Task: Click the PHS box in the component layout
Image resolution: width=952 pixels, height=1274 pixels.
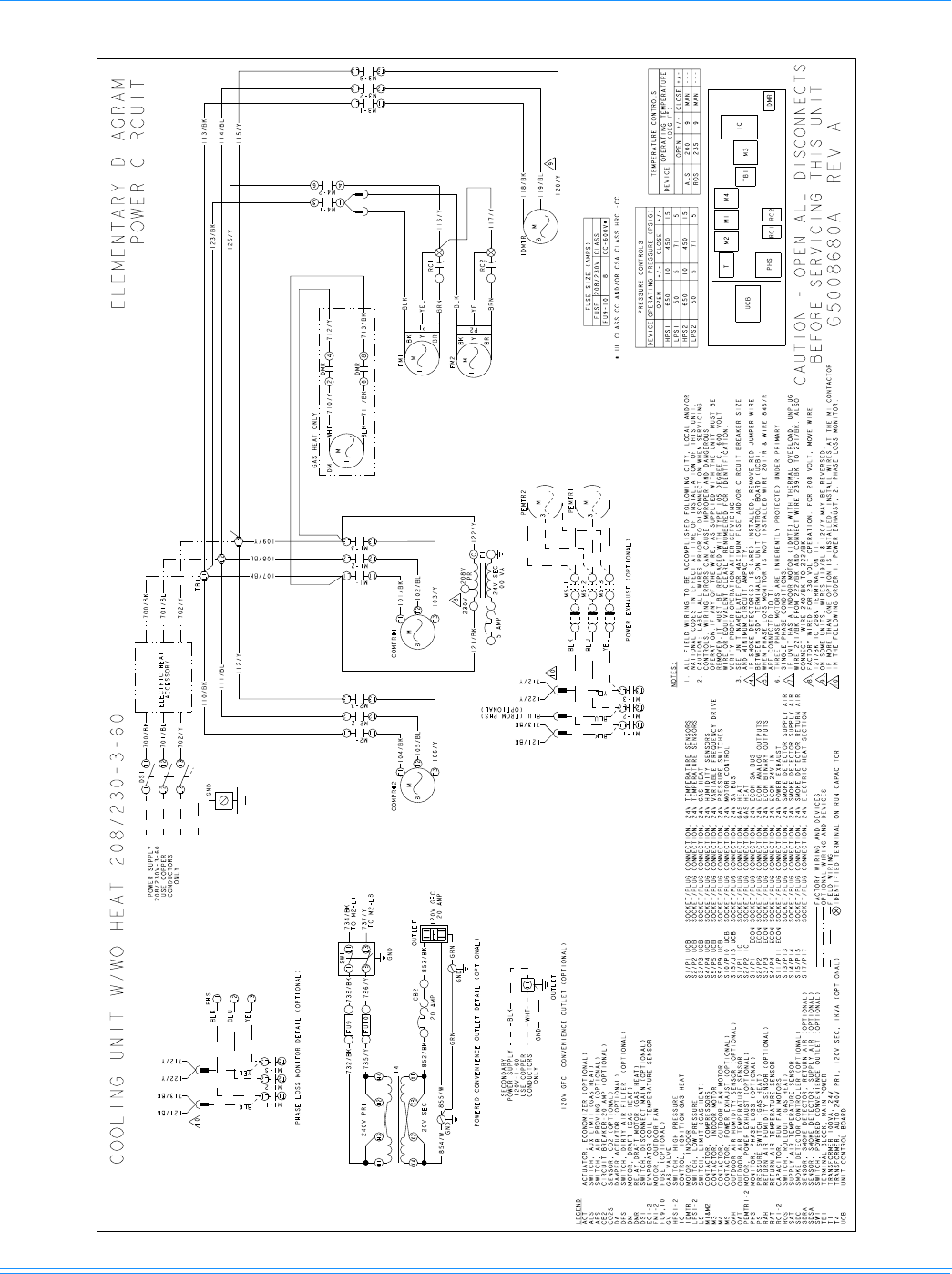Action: [x=769, y=268]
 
